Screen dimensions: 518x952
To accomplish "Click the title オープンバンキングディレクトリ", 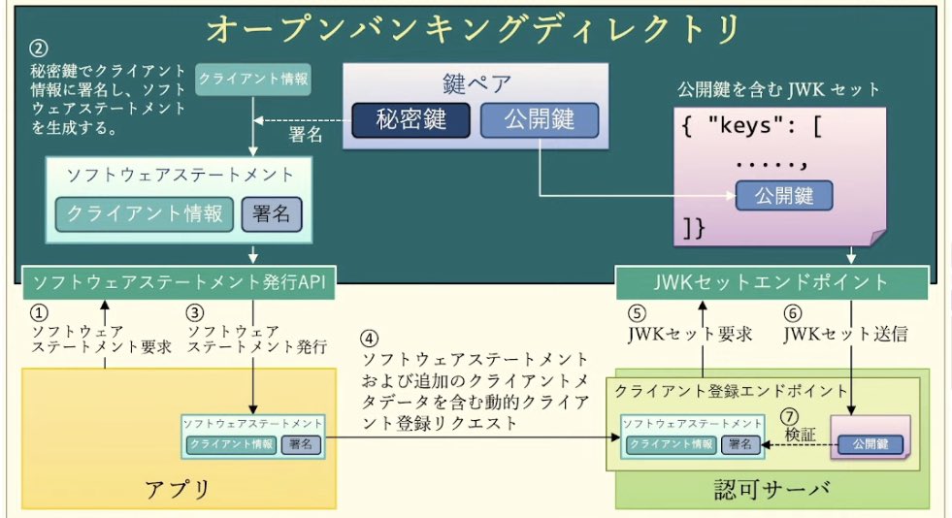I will [x=475, y=28].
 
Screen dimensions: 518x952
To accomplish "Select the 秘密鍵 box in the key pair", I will [x=411, y=120].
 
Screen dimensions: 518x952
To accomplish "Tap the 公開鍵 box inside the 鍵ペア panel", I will [x=540, y=120].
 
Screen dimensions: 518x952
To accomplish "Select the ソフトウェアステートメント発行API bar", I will [x=179, y=282].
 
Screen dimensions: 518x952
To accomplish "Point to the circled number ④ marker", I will [x=370, y=340].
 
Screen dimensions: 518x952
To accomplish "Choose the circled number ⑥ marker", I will [x=793, y=313].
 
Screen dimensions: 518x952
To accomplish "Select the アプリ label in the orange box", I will [x=176, y=488].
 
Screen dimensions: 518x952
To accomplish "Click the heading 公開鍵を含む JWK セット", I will [x=778, y=89].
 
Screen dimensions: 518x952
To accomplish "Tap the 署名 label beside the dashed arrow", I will [x=307, y=135].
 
